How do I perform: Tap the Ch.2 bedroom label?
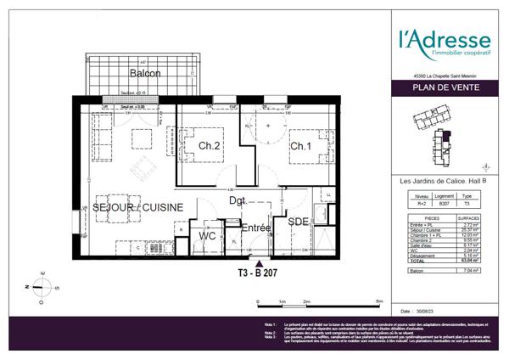210,146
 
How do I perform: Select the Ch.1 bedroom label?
300,146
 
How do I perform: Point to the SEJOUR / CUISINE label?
137,207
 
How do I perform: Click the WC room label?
207,235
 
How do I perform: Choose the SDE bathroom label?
299,222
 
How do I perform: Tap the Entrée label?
255,228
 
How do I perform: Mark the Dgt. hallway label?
237,201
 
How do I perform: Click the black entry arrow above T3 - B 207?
258,264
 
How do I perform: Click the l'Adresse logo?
445,43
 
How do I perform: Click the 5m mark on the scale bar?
379,301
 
